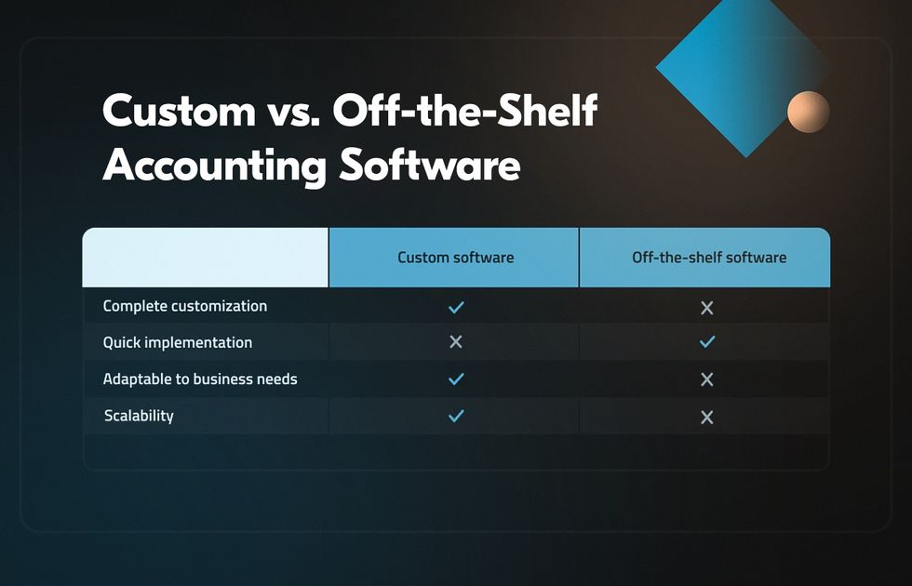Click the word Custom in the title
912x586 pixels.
(179, 111)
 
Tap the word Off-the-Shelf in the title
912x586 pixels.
(465, 110)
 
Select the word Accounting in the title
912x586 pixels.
(215, 166)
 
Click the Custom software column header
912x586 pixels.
(455, 258)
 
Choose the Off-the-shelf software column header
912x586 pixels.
(709, 258)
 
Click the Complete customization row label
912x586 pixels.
(185, 306)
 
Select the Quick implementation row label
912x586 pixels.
(178, 342)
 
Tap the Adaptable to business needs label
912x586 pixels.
(200, 380)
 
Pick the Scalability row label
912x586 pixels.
(139, 416)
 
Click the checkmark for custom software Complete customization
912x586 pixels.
(456, 307)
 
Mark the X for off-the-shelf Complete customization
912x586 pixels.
(706, 308)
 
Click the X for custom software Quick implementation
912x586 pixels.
(456, 342)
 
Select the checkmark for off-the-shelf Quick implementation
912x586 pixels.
(706, 342)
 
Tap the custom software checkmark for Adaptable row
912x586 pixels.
(456, 380)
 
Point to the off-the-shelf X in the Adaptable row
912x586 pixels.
(706, 380)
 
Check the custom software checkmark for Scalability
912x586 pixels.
(456, 416)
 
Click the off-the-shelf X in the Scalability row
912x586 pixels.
(706, 417)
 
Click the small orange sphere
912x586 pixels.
(809, 112)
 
